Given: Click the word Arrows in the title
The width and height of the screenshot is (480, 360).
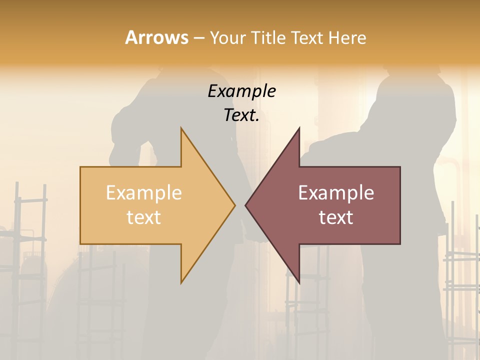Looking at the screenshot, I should (156, 37).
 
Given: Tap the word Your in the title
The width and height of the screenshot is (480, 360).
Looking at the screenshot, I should (228, 37).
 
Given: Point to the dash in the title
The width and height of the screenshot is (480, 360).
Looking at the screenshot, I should (198, 38).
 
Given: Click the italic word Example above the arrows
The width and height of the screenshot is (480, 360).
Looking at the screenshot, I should (241, 91).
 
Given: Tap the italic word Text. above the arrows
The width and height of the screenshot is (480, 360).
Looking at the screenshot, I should (241, 115).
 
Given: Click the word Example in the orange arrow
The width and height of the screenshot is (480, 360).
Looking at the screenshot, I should (143, 193).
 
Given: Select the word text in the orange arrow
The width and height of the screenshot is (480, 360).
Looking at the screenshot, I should (143, 217).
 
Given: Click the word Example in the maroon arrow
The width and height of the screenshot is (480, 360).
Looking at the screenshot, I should (336, 193).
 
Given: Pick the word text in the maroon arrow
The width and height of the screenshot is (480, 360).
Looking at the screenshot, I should (336, 217).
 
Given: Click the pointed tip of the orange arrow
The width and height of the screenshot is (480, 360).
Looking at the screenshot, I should (234, 205).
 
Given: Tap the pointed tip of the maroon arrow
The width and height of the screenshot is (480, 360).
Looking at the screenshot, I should (246, 205).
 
